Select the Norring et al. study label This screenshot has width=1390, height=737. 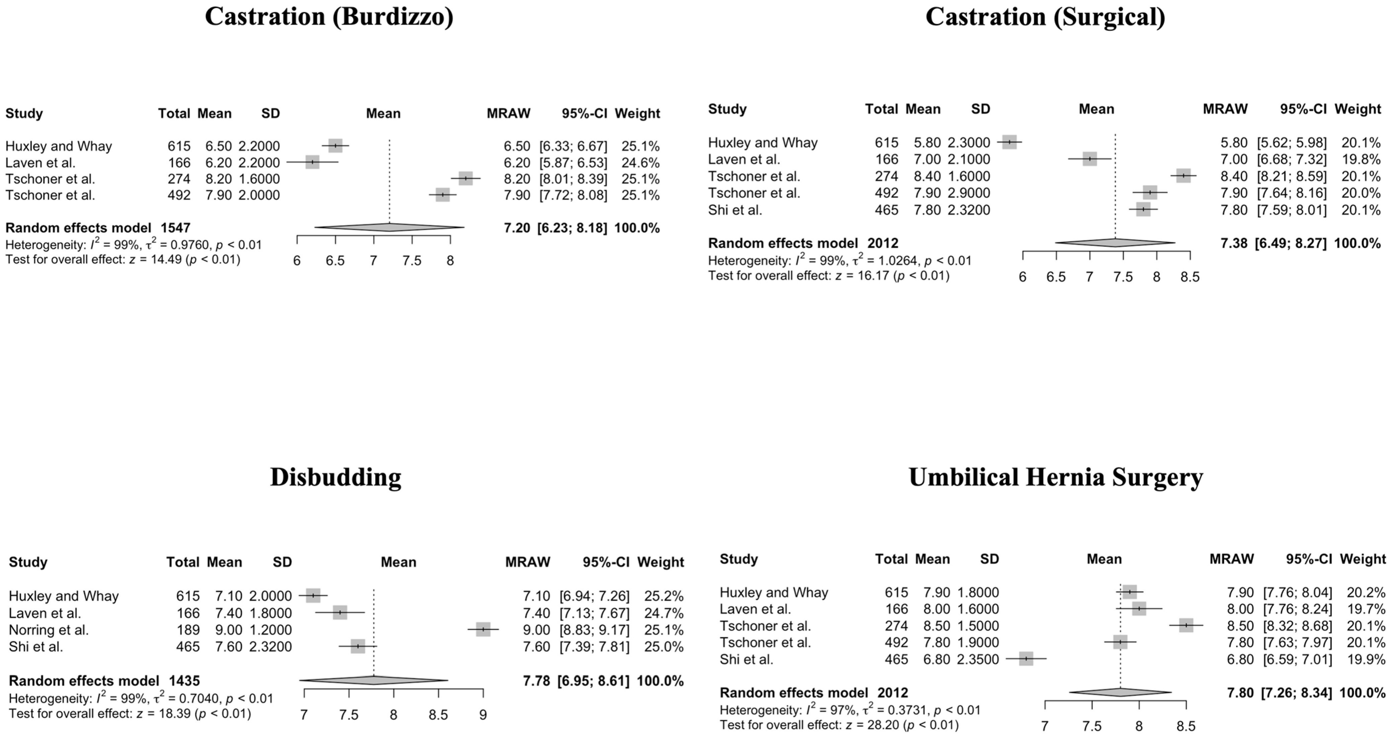coord(49,630)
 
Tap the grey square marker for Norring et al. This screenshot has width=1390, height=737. coord(483,629)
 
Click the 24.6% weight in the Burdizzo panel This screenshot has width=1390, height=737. coord(640,162)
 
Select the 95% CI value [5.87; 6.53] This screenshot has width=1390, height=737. coord(573,162)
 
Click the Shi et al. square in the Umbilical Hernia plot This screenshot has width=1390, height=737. coord(1026,659)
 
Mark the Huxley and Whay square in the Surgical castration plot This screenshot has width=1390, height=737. coord(1009,143)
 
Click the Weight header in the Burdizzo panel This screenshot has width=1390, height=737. coord(637,114)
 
